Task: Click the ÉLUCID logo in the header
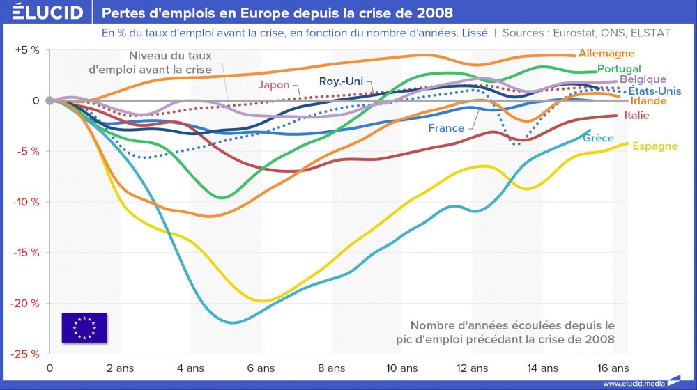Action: coord(47,13)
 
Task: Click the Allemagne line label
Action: coord(606,54)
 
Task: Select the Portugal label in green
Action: coord(619,69)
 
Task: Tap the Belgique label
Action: coord(643,80)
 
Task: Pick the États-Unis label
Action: coord(654,91)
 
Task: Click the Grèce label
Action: coord(598,138)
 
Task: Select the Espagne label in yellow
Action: coord(654,146)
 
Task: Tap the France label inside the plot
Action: coord(446,128)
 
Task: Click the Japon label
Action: coord(273,86)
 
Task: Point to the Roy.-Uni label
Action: coord(341,81)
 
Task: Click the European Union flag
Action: coord(84,327)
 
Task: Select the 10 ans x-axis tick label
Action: coord(403,368)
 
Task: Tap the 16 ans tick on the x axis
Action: coord(613,368)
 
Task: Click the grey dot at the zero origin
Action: coord(49,100)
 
